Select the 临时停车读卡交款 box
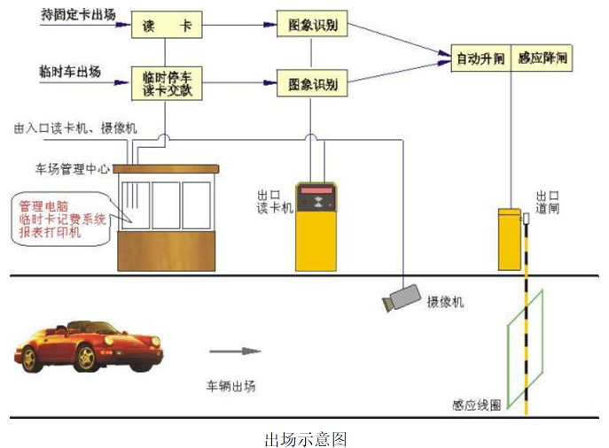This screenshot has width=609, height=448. pyautogui.click(x=166, y=84)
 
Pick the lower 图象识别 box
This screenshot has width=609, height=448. pyautogui.click(x=311, y=84)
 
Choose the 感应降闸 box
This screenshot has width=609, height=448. pyautogui.click(x=542, y=58)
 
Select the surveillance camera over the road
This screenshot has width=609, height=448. pyautogui.click(x=401, y=297)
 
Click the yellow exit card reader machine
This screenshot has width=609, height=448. pyautogui.click(x=317, y=226)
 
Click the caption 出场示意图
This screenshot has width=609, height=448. pyautogui.click(x=305, y=437)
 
